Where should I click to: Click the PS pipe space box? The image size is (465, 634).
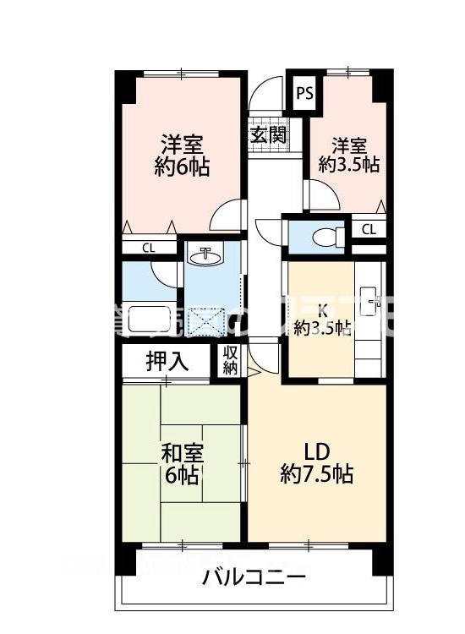pyautogui.click(x=304, y=93)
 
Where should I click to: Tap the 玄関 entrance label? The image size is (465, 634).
pyautogui.click(x=267, y=134)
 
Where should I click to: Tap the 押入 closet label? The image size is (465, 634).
pyautogui.click(x=167, y=363)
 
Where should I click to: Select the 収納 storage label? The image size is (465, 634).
pyautogui.click(x=230, y=361)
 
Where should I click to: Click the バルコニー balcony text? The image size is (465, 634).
pyautogui.click(x=254, y=579)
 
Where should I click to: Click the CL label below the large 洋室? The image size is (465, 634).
pyautogui.click(x=148, y=248)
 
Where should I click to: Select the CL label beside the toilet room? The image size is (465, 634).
pyautogui.click(x=369, y=228)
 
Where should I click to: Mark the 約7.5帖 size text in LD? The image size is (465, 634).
pyautogui.click(x=317, y=473)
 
